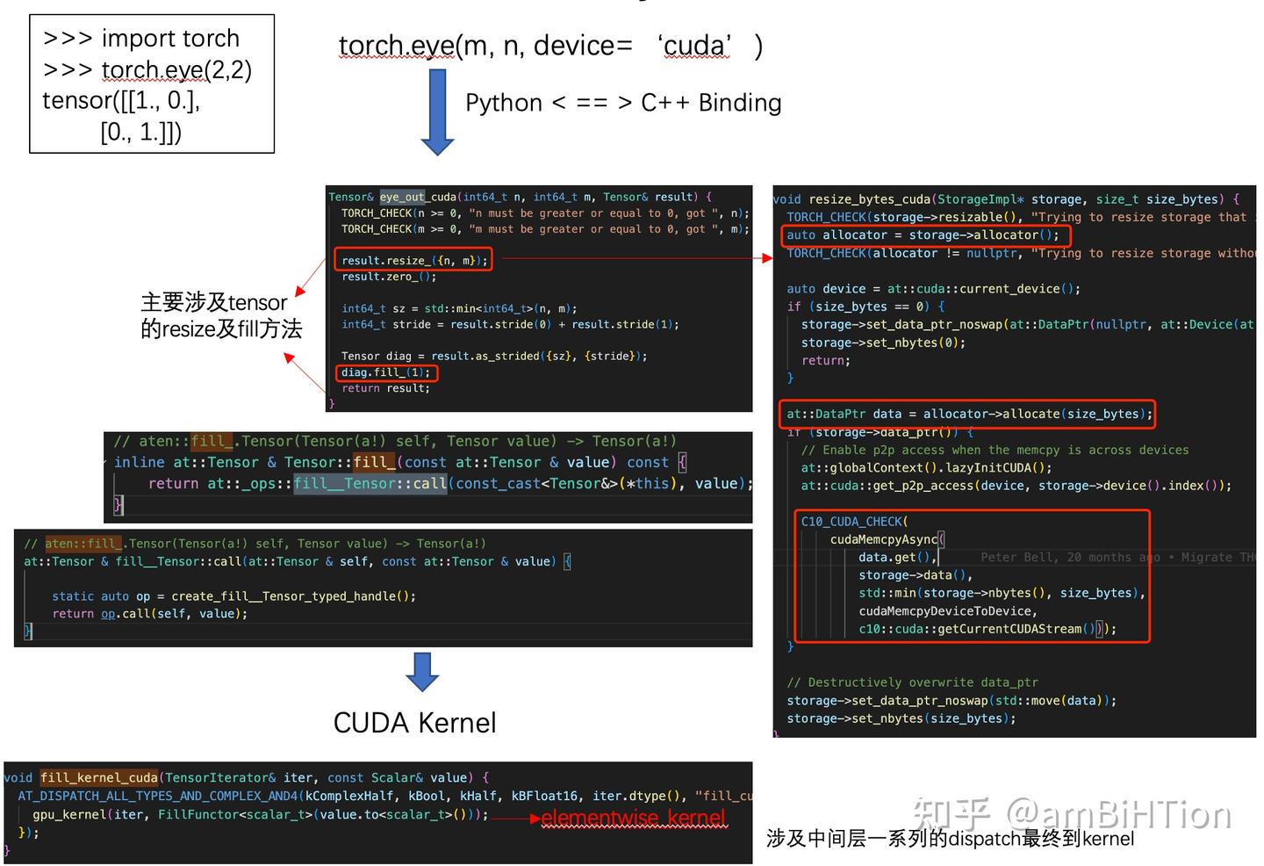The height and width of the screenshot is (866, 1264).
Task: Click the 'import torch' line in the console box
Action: coord(141,39)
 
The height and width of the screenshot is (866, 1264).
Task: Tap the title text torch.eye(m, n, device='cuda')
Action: coord(549,46)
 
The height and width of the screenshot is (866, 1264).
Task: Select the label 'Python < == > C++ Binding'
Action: coord(623,103)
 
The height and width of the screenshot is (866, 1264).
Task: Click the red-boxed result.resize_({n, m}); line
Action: coord(413,260)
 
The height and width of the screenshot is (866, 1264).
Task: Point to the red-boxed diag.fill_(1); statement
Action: coord(386,372)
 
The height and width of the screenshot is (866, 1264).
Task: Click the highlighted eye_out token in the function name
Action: coord(402,197)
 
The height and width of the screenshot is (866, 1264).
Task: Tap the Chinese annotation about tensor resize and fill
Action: coord(220,315)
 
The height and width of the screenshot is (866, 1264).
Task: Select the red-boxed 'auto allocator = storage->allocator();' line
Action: coord(923,235)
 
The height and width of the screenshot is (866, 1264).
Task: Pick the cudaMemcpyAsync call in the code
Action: coord(883,539)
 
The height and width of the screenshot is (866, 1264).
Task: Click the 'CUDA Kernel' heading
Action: coord(414,723)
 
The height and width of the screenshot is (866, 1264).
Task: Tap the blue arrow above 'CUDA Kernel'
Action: coord(422,672)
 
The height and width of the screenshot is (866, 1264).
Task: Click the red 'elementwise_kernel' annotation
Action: coord(633,819)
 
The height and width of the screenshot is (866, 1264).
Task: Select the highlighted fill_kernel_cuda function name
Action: coord(99,777)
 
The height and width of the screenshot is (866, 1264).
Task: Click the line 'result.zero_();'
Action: coord(388,277)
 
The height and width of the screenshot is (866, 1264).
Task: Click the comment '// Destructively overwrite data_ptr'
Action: coord(912,682)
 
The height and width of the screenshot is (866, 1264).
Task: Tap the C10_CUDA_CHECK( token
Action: coord(854,522)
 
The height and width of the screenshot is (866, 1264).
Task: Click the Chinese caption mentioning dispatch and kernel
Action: coord(950,839)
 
